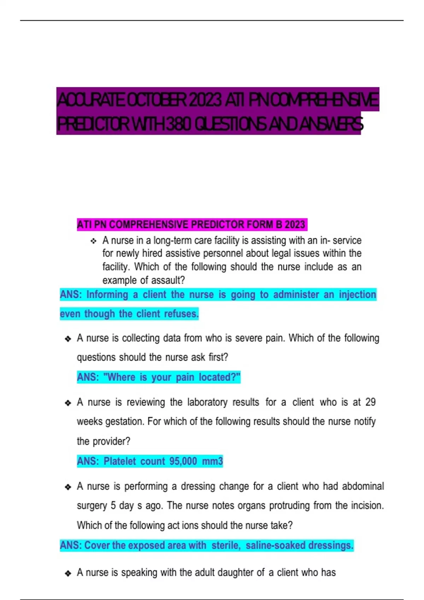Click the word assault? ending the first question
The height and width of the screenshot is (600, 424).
point(168,280)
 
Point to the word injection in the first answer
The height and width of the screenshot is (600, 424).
point(357,294)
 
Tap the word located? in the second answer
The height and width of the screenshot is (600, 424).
point(219,377)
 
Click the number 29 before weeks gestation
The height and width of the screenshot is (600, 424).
point(370,402)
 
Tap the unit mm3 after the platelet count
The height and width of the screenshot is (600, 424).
point(212,461)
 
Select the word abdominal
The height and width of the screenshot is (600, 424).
point(363,486)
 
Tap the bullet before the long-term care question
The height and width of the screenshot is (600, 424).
point(93,241)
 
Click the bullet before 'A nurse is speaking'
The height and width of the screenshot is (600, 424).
point(68,573)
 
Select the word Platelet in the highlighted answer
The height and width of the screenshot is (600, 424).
point(120,461)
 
